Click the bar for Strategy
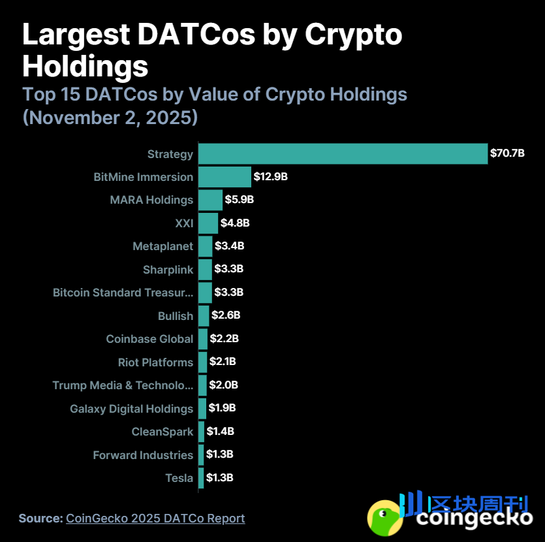(x=343, y=153)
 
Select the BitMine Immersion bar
(x=225, y=177)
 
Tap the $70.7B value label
(x=507, y=153)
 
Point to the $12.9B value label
(x=271, y=177)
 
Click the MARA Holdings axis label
(x=151, y=200)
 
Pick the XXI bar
(x=208, y=223)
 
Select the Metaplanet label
(x=163, y=246)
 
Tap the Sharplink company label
(x=168, y=270)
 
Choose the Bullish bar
(x=204, y=316)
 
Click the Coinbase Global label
(x=149, y=339)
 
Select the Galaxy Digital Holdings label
(x=131, y=409)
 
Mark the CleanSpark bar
(x=201, y=432)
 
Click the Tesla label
(x=179, y=478)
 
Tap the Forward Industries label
(x=143, y=455)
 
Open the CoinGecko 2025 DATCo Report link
(x=155, y=518)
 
